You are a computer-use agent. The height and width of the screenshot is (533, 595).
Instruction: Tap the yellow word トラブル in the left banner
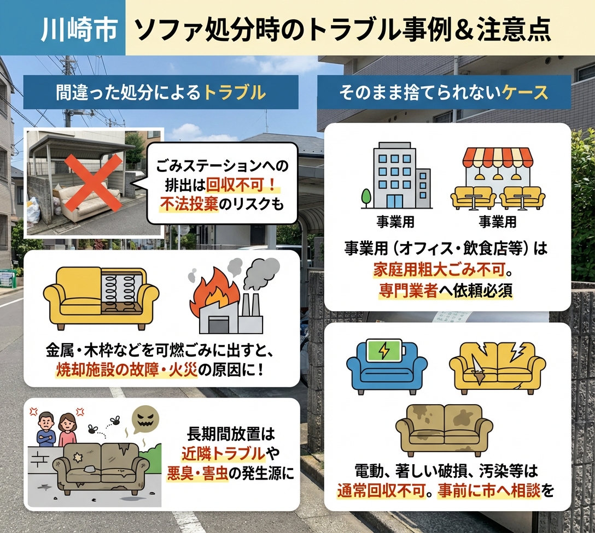(235, 92)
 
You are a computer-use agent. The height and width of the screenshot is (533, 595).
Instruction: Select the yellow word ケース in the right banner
(526, 92)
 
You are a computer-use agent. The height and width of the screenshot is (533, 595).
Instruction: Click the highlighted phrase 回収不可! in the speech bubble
(249, 184)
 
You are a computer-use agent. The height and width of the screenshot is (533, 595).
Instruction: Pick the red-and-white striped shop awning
(497, 158)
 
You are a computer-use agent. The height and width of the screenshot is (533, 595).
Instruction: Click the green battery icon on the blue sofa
(387, 351)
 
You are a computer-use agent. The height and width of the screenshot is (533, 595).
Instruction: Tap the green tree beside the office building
(366, 196)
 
